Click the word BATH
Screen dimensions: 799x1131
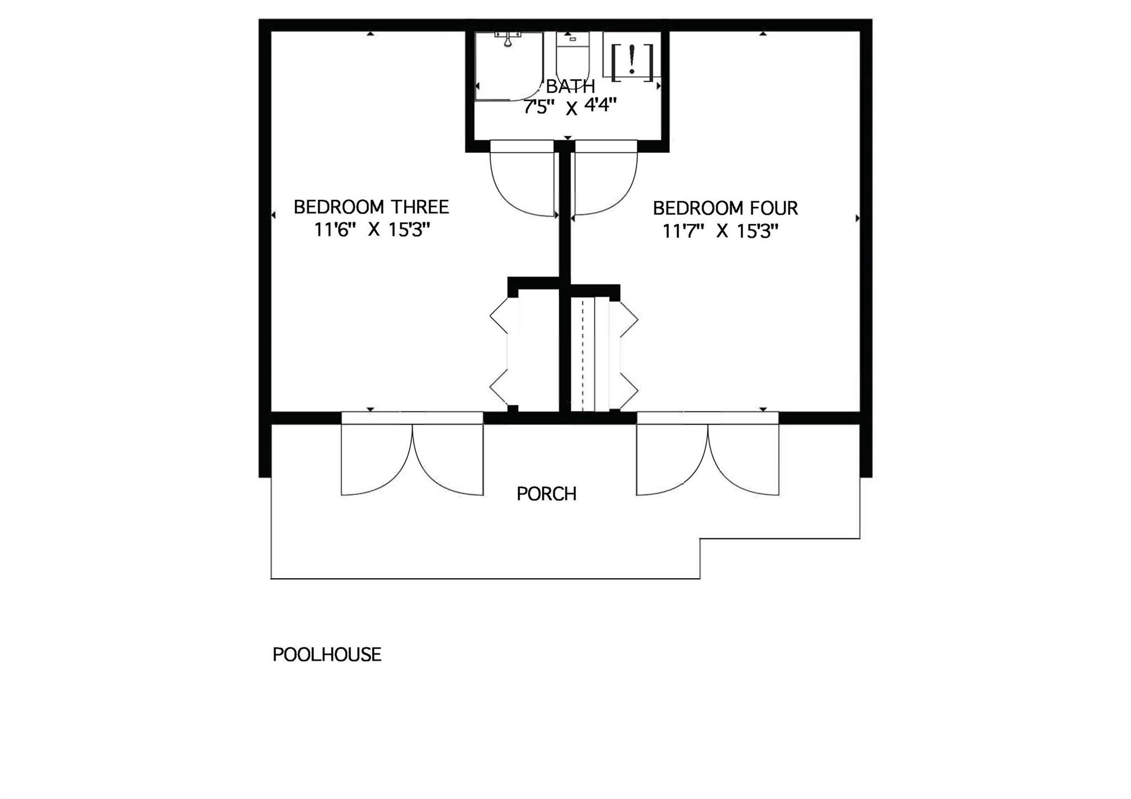[570, 87]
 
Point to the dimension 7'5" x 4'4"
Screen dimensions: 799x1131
[569, 105]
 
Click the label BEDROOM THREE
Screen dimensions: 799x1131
[371, 207]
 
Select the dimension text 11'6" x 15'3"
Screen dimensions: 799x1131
[372, 230]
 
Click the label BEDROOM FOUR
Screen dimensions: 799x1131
[725, 208]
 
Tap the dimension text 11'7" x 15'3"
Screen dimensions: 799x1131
[720, 231]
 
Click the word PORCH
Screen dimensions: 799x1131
[546, 494]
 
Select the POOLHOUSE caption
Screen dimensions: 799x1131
[327, 654]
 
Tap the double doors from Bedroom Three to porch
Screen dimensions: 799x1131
[412, 458]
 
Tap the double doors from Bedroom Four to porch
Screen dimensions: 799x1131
[707, 458]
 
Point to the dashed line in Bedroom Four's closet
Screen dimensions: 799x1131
[583, 353]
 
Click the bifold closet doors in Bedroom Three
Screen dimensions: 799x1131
[499, 353]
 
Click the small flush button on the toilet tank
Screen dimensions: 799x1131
[573, 39]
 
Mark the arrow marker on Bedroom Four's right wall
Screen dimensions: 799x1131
[857, 218]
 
